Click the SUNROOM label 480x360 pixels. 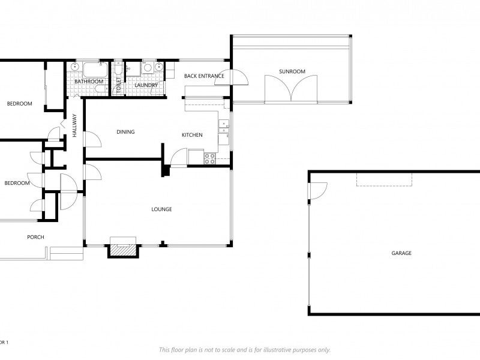pos(292,71)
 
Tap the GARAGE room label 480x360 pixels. pos(401,253)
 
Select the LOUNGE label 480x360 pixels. pos(161,209)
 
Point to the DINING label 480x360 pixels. pos(125,132)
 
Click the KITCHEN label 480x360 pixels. pos(192,135)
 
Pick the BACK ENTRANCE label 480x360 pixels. pos(204,76)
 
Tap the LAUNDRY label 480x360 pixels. pos(146,85)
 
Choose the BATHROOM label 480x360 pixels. pos(89,82)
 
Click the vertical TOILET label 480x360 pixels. pos(119,85)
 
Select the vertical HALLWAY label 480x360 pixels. pos(74,125)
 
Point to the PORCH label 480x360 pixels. pos(35,237)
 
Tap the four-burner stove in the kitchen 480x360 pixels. pos(210,158)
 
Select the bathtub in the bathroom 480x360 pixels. pos(95,70)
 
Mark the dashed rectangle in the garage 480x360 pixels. pos(384,179)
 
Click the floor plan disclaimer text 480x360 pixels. pos(245,350)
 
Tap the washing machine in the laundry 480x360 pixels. pos(148,68)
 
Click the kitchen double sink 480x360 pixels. pos(224,127)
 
